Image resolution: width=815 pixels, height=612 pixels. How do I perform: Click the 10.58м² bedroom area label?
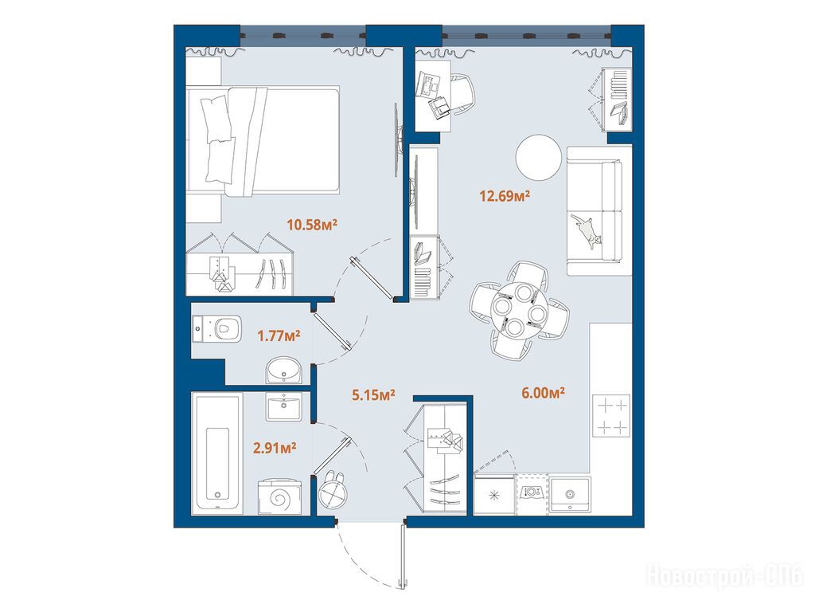pyautogui.click(x=312, y=225)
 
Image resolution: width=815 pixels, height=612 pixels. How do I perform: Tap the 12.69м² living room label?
pyautogui.click(x=504, y=196)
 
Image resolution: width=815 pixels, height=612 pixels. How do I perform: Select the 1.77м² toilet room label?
pyautogui.click(x=279, y=335)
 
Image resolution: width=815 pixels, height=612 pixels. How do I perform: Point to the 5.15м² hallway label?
pyautogui.click(x=373, y=395)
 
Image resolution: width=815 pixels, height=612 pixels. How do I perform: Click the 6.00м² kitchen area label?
pyautogui.click(x=543, y=392)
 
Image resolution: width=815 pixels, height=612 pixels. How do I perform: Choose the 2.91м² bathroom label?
pyautogui.click(x=275, y=448)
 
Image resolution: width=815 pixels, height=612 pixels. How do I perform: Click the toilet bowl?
pyautogui.click(x=217, y=328)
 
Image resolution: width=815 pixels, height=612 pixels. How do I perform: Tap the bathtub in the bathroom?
pyautogui.click(x=216, y=453)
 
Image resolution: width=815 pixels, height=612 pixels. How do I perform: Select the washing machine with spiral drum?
pyautogui.click(x=279, y=497)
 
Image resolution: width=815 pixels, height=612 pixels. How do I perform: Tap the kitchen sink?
pyautogui.click(x=570, y=494)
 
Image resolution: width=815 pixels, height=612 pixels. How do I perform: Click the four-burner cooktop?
pyautogui.click(x=611, y=415)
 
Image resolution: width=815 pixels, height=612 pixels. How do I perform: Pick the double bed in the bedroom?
pyautogui.click(x=263, y=141)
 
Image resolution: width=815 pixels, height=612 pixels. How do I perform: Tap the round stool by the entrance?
pyautogui.click(x=333, y=490)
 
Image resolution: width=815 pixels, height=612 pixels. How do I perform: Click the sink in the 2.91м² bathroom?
pyautogui.click(x=284, y=406)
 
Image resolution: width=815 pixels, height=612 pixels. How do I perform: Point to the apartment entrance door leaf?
pyautogui.click(x=403, y=556)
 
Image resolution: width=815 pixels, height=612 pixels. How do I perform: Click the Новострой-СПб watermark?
pyautogui.click(x=724, y=576)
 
